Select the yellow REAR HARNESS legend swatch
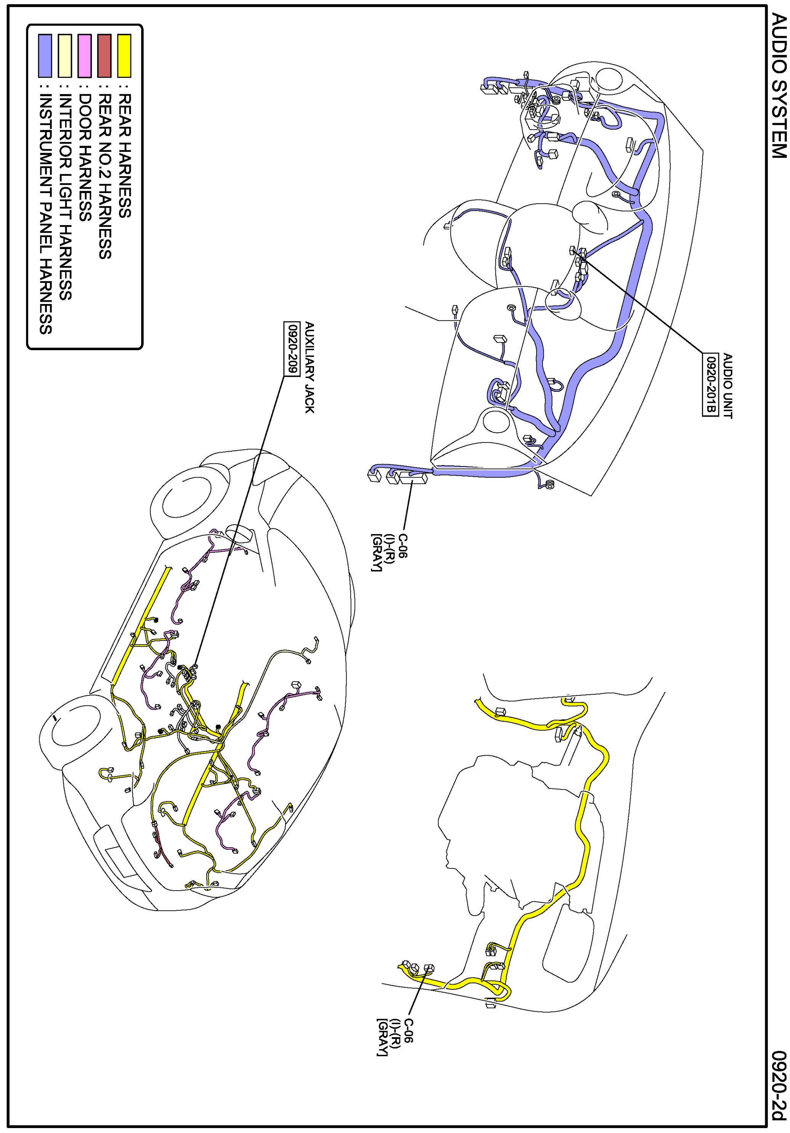[x=124, y=55]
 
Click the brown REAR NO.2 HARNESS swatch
[x=104, y=55]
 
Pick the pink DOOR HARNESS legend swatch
[x=85, y=55]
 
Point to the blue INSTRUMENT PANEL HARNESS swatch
[x=45, y=55]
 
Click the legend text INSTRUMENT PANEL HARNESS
[x=45, y=214]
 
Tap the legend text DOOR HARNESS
[x=85, y=157]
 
